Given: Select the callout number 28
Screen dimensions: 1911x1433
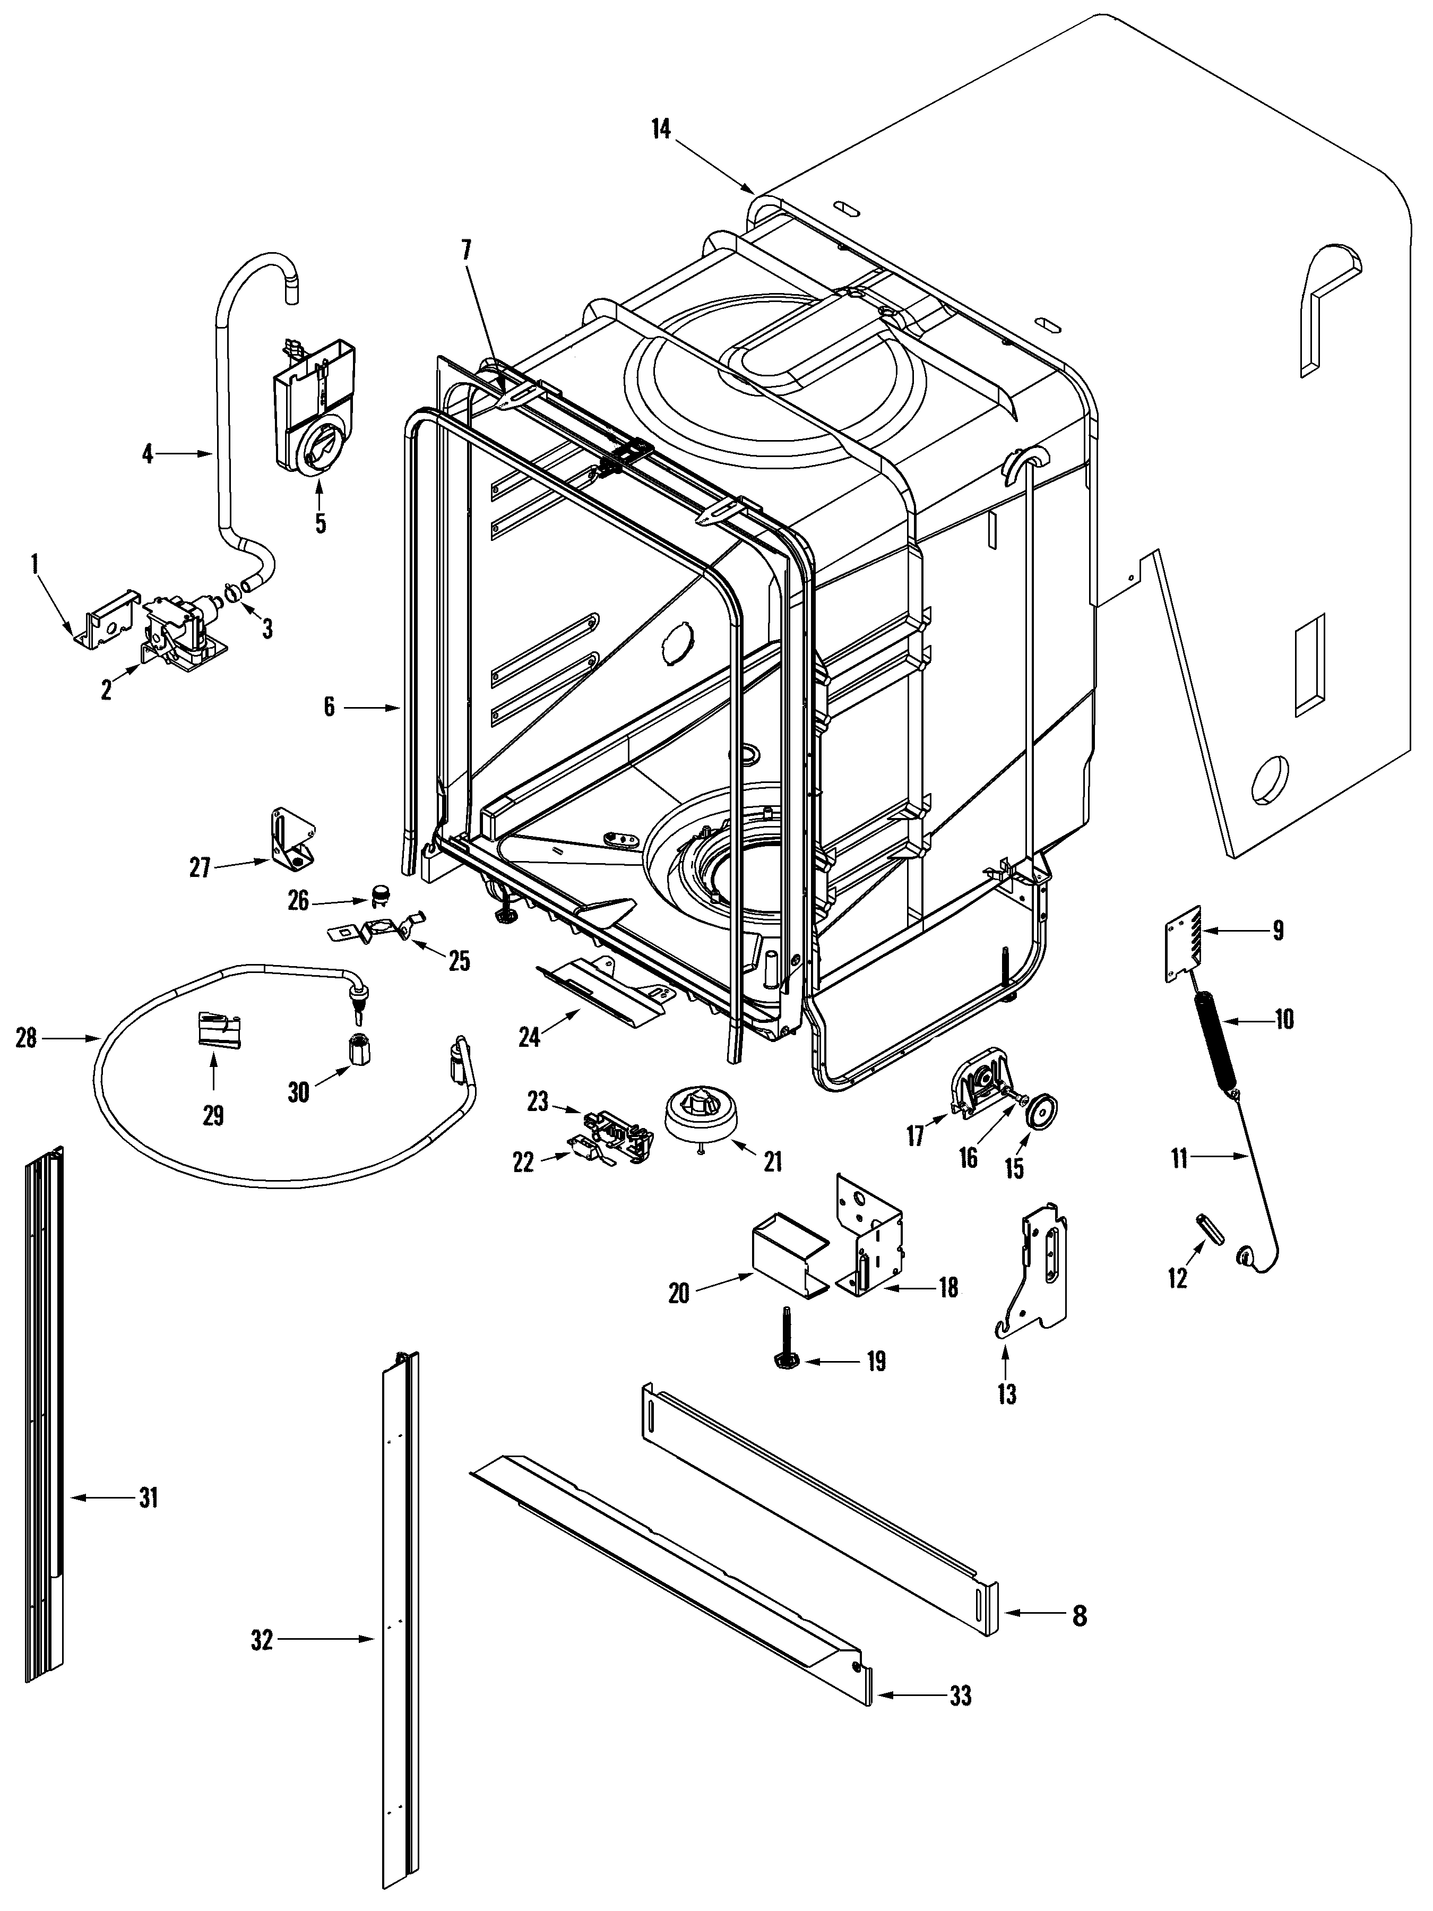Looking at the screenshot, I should click(26, 1038).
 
